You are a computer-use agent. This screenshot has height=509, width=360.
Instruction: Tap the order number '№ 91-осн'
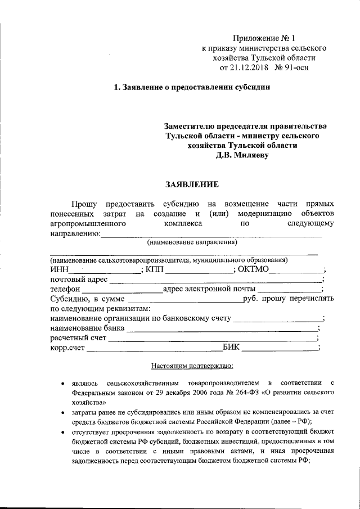coord(292,67)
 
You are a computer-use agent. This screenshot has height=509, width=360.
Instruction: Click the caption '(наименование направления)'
coord(192,242)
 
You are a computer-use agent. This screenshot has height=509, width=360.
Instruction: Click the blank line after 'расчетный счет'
coord(212,339)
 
